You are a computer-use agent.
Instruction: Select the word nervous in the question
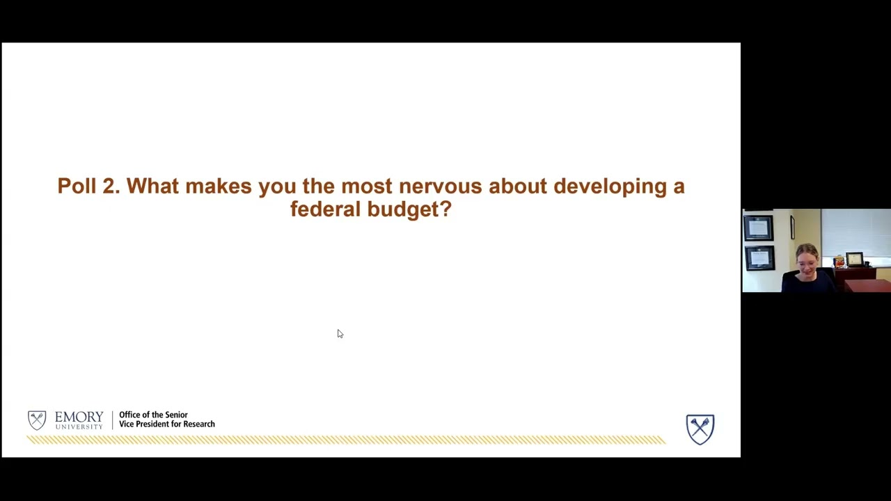440,186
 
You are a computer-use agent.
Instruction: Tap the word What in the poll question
152,186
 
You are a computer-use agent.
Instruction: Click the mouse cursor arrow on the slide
340,334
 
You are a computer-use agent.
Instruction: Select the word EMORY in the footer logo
79,417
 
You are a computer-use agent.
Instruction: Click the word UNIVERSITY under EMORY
79,427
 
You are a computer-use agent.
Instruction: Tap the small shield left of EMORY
37,420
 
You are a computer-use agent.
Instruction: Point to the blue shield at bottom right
700,429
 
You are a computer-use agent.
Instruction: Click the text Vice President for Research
167,424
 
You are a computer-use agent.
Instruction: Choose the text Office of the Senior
153,415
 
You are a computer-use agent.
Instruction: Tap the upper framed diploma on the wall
758,228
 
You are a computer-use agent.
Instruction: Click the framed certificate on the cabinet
854,259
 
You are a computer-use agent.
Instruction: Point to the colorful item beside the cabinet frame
839,261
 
